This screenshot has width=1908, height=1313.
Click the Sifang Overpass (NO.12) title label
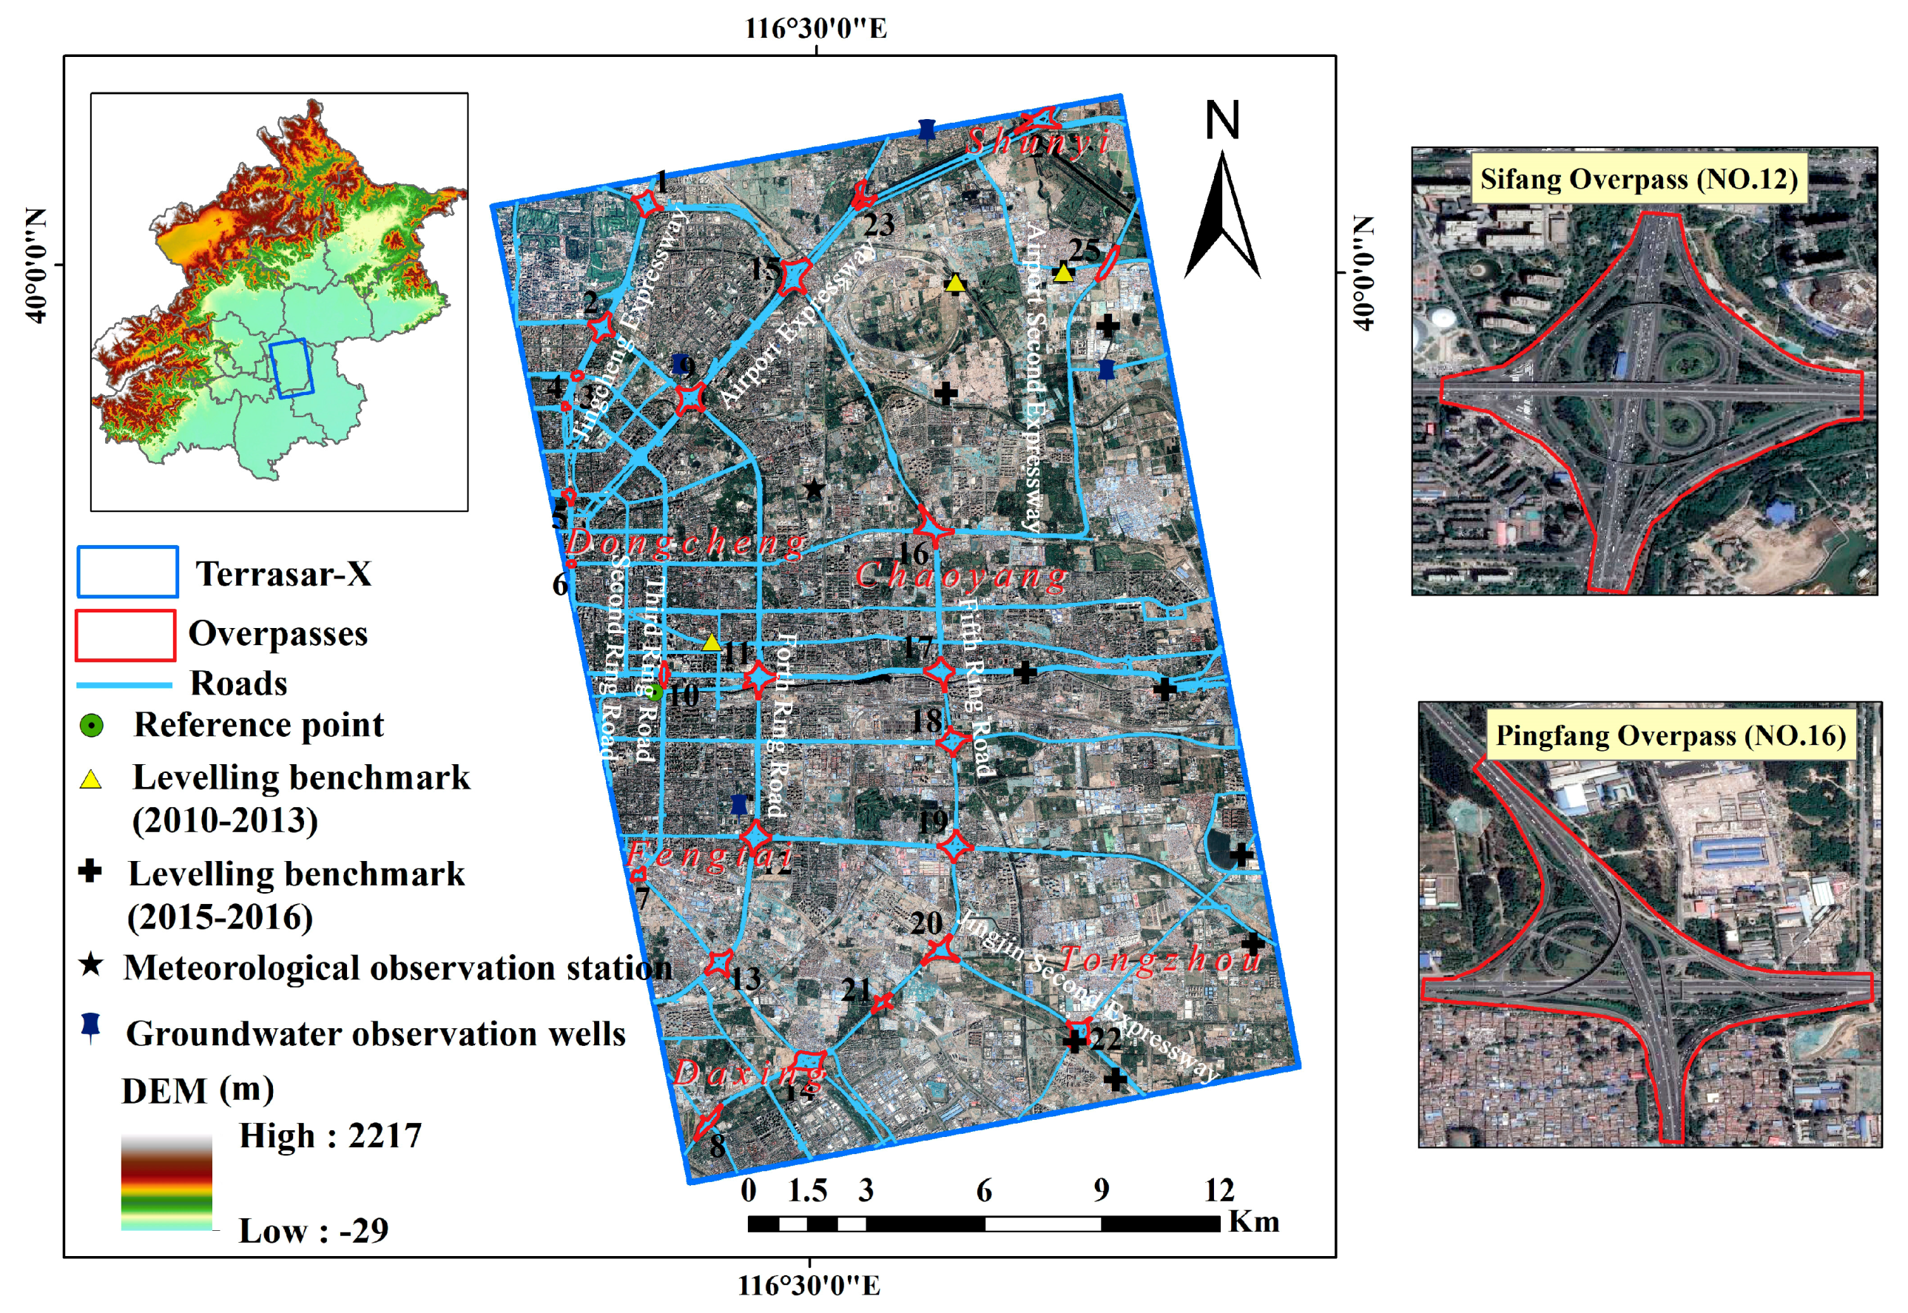click(1638, 178)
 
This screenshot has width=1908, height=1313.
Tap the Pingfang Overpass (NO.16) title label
click(1671, 735)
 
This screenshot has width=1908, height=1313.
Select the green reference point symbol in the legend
click(91, 726)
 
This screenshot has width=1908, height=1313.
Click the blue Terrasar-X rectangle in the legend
click(127, 572)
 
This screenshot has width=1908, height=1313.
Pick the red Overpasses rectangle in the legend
click(125, 635)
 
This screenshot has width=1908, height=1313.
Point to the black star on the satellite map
click(814, 490)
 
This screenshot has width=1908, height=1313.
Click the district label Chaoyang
click(961, 576)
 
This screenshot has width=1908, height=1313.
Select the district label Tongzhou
click(1160, 960)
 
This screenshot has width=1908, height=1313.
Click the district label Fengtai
click(709, 856)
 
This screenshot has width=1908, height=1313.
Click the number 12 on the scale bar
click(1219, 1190)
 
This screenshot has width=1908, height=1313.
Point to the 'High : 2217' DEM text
click(330, 1136)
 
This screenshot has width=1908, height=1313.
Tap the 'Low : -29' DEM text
click(313, 1232)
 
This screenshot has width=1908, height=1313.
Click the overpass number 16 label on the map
click(912, 553)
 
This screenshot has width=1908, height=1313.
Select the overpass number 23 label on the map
click(878, 224)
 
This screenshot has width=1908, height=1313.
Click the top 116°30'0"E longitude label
click(815, 29)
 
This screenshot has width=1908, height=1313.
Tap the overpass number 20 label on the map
click(926, 923)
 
